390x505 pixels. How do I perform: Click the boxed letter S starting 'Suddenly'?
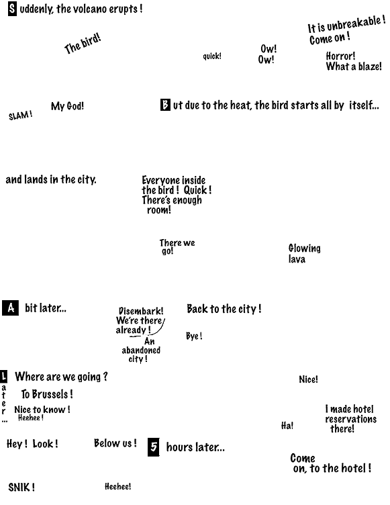(x=12, y=9)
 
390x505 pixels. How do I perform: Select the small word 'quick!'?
(x=212, y=56)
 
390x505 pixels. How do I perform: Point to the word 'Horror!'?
(x=340, y=56)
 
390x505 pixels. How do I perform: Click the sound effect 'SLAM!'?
(x=21, y=116)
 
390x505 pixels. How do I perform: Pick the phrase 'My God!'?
(x=67, y=106)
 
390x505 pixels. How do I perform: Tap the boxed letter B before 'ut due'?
(x=165, y=105)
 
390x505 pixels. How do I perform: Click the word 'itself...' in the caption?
(x=364, y=105)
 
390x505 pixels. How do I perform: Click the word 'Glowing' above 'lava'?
(x=304, y=248)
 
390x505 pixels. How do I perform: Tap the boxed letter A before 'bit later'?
(x=10, y=308)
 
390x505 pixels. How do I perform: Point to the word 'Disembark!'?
(x=141, y=311)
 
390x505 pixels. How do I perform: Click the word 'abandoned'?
(x=141, y=350)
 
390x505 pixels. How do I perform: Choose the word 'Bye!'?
(x=194, y=336)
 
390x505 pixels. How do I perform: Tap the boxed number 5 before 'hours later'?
(x=154, y=447)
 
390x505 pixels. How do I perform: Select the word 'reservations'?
(x=350, y=419)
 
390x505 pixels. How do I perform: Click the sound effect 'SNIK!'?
(x=21, y=488)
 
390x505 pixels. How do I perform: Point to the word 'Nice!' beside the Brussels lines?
(x=308, y=379)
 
